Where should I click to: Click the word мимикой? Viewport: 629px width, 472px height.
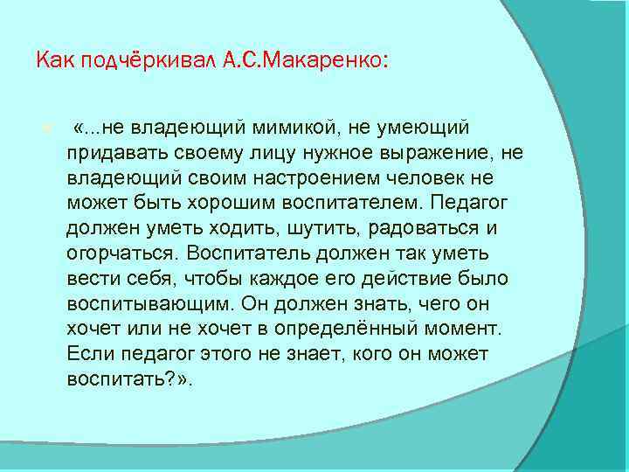(x=293, y=129)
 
